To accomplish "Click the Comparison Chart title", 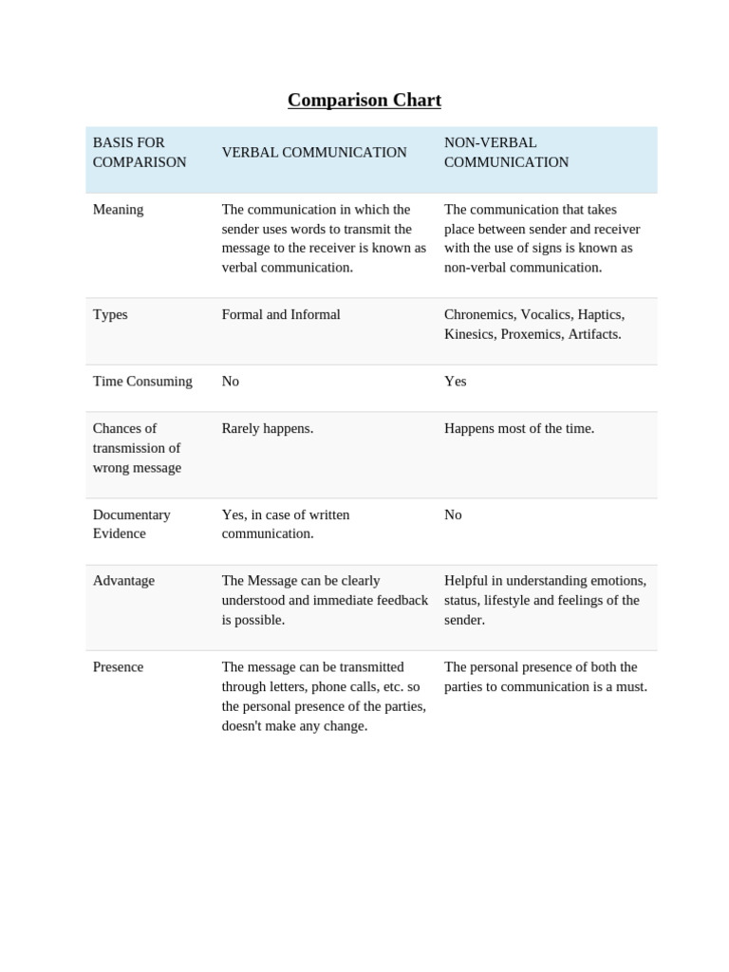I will [x=364, y=101].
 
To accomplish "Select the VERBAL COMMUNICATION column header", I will [x=314, y=153].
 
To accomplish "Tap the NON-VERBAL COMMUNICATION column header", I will [x=506, y=153].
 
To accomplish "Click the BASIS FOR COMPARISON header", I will [x=140, y=153].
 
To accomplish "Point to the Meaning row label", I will [x=118, y=210].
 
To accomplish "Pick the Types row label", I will [x=110, y=315].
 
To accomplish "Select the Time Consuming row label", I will [x=142, y=382].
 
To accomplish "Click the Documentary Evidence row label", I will [x=131, y=524].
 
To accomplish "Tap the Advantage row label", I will [x=123, y=581].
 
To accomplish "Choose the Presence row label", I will [x=118, y=667].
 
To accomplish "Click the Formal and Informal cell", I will [x=281, y=315].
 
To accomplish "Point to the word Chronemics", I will [x=478, y=315].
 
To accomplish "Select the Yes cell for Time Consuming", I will [x=456, y=382].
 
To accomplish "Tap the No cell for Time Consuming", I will [x=231, y=382].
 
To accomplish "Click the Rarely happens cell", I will [x=268, y=429].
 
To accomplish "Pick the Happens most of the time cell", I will [x=519, y=429].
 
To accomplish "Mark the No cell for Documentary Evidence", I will [x=453, y=514].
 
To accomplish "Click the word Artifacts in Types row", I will [x=594, y=334].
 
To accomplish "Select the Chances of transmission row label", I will [x=137, y=448].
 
